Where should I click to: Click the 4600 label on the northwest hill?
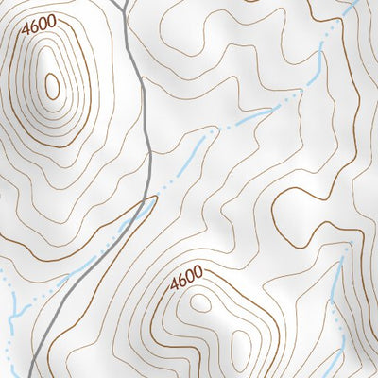tap(39, 20)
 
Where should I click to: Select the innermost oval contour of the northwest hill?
tap(52, 87)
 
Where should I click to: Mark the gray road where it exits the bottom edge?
tap(30, 375)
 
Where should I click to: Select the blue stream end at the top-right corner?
tap(353, 3)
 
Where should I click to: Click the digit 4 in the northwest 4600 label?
tap(26, 20)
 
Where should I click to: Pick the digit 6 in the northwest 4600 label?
tap(34, 20)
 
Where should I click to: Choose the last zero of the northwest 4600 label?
tap(51, 21)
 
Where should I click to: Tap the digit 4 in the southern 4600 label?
tap(175, 282)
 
